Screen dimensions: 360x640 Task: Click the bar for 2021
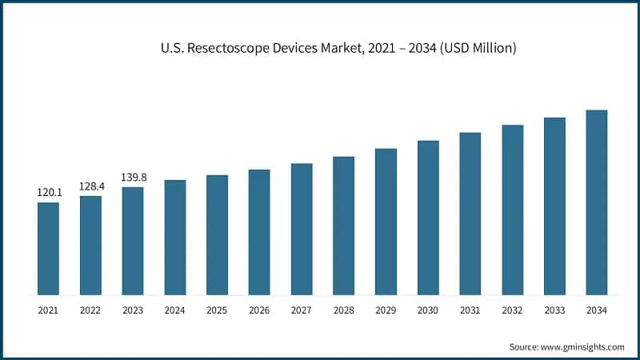[48, 248]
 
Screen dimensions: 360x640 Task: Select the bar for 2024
[174, 237]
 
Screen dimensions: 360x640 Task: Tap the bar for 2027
[302, 229]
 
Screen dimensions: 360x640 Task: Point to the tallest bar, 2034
[596, 202]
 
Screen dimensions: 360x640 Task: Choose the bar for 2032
[512, 210]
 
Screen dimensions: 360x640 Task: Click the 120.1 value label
[48, 193]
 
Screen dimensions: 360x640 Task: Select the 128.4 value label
[90, 186]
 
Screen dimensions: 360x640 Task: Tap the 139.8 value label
[133, 178]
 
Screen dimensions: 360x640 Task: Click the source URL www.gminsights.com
[582, 346]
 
